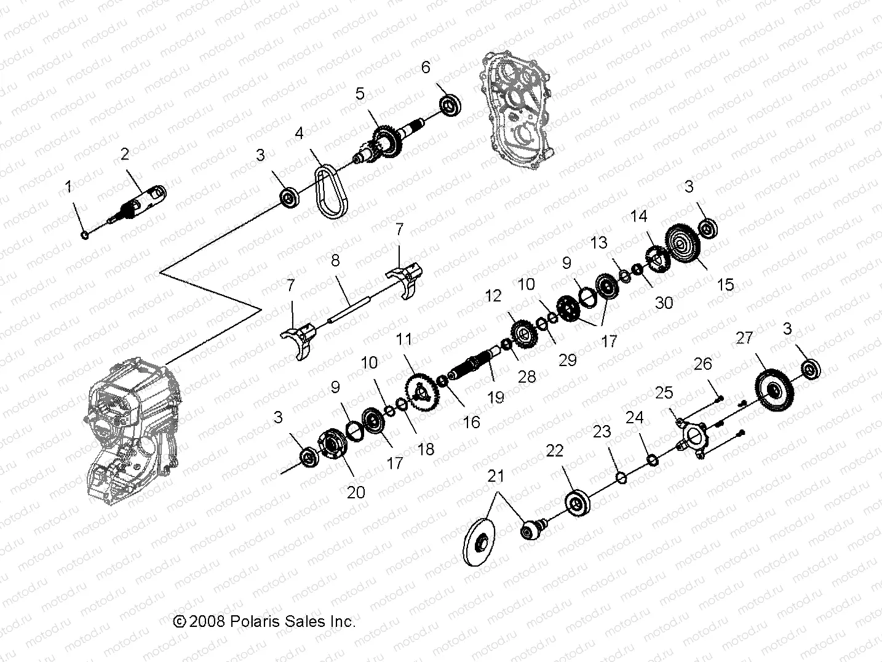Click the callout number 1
(69, 186)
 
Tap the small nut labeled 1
(85, 234)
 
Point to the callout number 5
(360, 94)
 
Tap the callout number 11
(404, 339)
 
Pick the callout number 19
(496, 398)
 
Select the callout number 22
(555, 451)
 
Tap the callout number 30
(664, 303)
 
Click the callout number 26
(703, 364)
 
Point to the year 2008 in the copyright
(209, 621)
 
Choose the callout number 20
(356, 492)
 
